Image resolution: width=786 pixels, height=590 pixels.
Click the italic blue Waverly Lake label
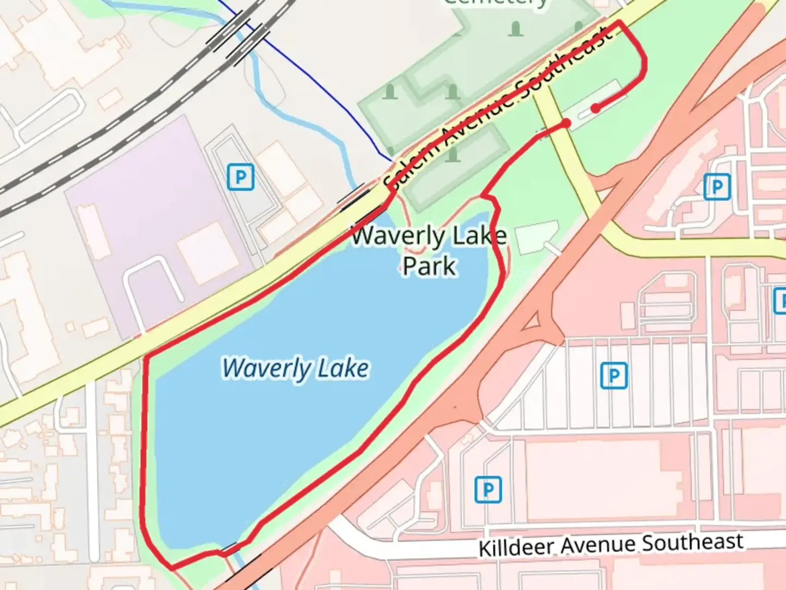pyautogui.click(x=295, y=369)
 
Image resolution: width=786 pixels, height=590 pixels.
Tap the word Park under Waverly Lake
pyautogui.click(x=429, y=266)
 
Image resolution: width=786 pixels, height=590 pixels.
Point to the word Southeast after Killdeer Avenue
pyautogui.click(x=692, y=543)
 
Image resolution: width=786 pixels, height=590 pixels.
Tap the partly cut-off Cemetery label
pyautogui.click(x=496, y=3)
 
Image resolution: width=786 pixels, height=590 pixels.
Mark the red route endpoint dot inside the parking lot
pyautogui.click(x=596, y=108)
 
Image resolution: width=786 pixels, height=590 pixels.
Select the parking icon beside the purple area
pyautogui.click(x=240, y=177)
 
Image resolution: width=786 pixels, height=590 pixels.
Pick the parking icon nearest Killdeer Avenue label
pyautogui.click(x=487, y=489)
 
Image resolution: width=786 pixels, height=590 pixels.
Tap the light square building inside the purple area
pyautogui.click(x=204, y=253)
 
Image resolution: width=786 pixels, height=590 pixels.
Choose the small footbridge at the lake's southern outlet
pyautogui.click(x=230, y=547)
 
